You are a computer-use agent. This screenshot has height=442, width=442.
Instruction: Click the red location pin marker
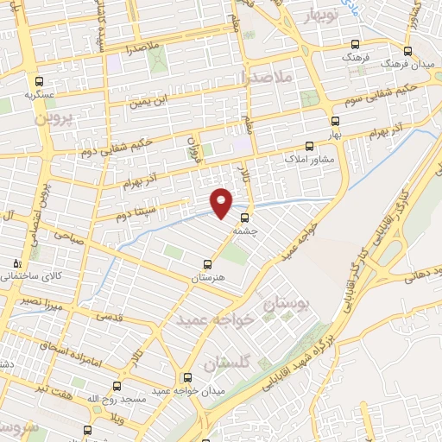coord(222,202)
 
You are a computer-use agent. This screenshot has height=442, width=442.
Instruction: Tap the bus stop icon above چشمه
coord(245,218)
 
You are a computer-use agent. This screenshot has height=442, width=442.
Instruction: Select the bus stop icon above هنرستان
coord(207,264)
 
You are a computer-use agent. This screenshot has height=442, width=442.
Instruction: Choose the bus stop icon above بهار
coord(334,122)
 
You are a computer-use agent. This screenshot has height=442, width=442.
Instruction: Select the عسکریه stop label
coord(39,92)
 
